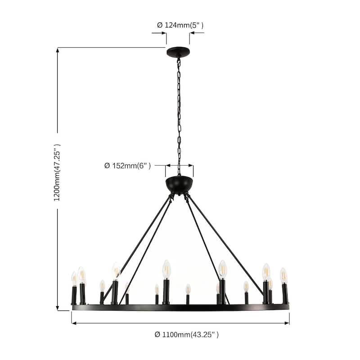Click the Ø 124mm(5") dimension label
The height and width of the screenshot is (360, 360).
(180, 25)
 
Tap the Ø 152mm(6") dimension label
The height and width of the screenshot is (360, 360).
(127, 166)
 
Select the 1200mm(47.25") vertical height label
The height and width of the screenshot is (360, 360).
(57, 173)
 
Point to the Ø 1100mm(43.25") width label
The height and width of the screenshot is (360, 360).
(186, 334)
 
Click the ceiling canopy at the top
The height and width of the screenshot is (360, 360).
(178, 52)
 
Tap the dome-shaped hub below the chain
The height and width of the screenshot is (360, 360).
(179, 184)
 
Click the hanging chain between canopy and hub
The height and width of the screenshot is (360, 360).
(179, 116)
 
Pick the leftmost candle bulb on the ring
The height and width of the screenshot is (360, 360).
(74, 279)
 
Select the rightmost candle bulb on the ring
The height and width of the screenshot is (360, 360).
(284, 276)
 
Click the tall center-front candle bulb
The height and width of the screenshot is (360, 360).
(166, 269)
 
